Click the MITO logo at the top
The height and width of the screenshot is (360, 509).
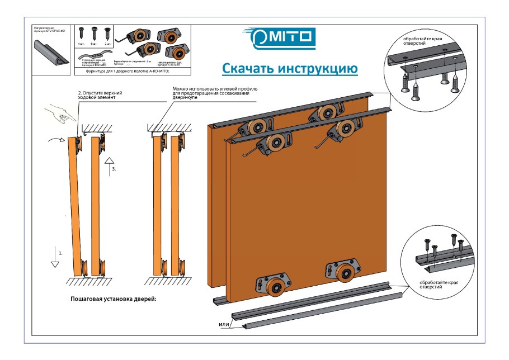[x=283, y=38]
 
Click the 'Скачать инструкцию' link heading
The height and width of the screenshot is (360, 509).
[x=289, y=68]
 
